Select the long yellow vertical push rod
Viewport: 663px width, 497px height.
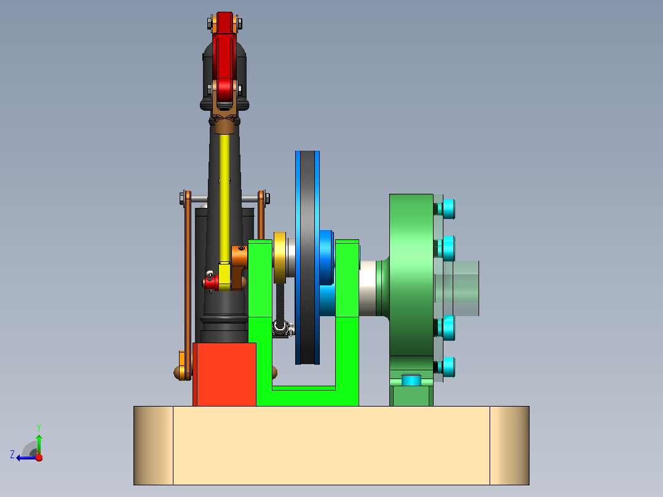(224, 198)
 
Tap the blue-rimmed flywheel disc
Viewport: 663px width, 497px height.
(308, 257)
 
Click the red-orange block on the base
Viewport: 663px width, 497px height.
(224, 375)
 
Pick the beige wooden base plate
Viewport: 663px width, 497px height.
(331, 445)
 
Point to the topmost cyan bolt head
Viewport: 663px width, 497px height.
(447, 209)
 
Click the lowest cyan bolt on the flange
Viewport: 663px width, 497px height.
(447, 367)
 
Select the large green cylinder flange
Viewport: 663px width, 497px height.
(411, 275)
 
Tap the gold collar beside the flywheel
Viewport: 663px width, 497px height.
(280, 258)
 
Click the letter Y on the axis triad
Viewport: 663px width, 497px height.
(39, 427)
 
